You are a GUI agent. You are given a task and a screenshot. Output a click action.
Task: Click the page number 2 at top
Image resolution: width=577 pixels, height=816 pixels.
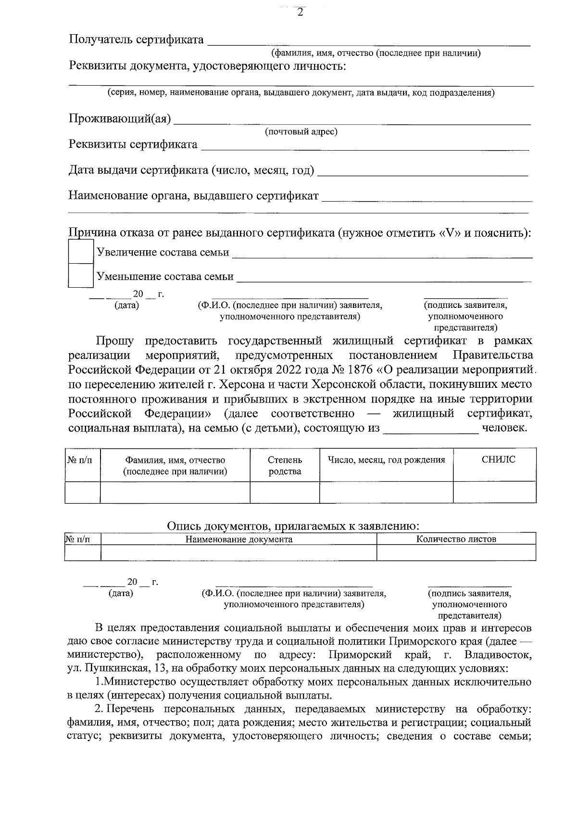point(300,13)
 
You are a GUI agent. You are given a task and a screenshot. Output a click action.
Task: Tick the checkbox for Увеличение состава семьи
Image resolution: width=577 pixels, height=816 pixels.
point(80,251)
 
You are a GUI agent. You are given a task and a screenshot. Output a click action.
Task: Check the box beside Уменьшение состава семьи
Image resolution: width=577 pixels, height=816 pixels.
point(80,275)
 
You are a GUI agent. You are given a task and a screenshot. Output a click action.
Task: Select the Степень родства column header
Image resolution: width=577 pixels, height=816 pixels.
point(285,465)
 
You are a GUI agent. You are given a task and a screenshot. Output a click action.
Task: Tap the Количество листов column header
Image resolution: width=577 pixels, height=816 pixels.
point(456,539)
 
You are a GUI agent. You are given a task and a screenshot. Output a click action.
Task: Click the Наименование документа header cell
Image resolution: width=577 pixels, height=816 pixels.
point(239,539)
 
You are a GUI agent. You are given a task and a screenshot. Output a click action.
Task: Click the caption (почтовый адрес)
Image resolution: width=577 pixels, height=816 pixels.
point(301,132)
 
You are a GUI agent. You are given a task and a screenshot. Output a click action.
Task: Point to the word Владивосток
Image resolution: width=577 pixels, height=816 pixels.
point(498,655)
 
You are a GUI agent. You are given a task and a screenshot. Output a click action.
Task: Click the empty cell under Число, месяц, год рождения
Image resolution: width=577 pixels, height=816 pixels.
point(386,492)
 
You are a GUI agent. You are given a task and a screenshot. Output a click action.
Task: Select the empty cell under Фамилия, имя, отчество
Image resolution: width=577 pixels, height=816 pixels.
point(175,492)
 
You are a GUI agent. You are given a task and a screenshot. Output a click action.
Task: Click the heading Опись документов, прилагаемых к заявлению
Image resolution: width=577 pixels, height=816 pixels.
point(294,526)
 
